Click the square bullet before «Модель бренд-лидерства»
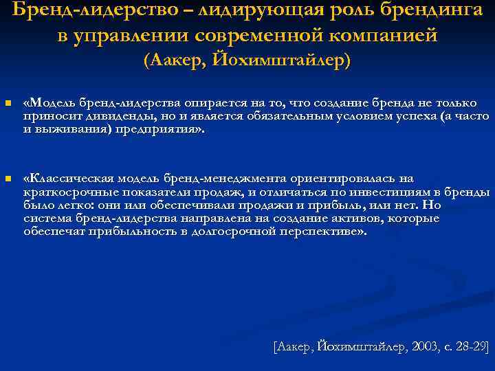(7, 104)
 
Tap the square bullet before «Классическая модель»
(7, 179)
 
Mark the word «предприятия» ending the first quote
(162, 128)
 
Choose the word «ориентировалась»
(351, 179)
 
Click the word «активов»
(355, 218)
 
